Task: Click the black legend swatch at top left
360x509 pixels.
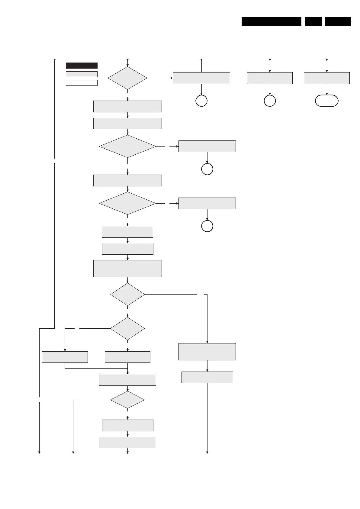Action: [82, 66]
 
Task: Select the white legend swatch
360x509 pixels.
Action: [82, 83]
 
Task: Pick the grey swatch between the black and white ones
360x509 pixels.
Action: [82, 74]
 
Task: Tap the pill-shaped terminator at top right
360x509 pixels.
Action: [326, 101]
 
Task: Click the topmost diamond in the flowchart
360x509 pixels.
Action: [127, 78]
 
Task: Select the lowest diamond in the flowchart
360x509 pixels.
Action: [127, 400]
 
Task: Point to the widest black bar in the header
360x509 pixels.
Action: [271, 21]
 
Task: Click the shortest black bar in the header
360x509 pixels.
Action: [313, 21]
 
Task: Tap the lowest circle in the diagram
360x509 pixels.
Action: [207, 226]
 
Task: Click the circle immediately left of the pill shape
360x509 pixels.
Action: [270, 101]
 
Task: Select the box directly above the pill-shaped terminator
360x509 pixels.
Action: [326, 78]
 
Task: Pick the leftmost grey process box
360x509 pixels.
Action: [65, 357]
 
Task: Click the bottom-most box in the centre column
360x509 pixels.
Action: [127, 442]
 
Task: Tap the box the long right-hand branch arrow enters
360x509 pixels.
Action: [207, 352]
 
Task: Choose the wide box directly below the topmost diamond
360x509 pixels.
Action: [127, 106]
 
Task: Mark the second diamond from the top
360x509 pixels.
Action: [127, 146]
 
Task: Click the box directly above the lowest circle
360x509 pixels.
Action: [207, 203]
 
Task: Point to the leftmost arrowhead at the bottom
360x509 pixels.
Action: [39, 452]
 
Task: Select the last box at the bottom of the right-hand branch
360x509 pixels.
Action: [207, 377]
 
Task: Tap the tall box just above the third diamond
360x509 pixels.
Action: [127, 269]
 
